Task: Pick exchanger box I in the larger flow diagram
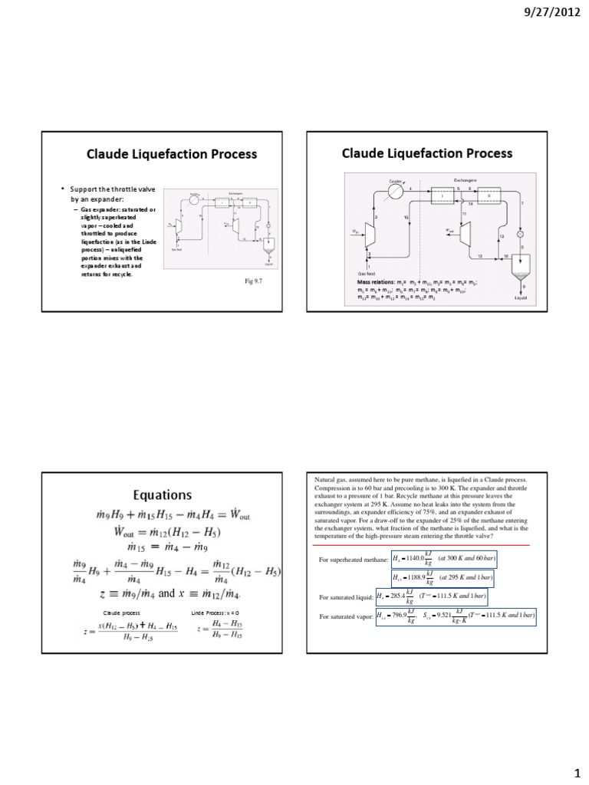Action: tap(443, 195)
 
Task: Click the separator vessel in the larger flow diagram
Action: tap(523, 268)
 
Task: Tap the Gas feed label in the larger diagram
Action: tap(366, 272)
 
